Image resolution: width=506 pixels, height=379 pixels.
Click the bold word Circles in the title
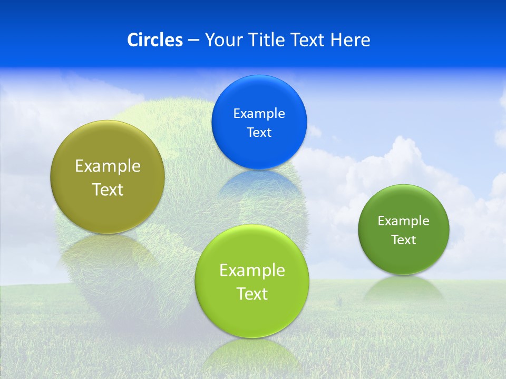tap(154, 40)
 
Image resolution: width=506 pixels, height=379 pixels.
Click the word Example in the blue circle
tap(259, 113)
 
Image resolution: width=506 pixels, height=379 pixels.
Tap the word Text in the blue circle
tap(259, 132)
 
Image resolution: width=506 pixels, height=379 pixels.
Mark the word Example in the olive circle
tap(108, 166)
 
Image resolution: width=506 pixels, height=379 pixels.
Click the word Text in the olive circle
tap(108, 189)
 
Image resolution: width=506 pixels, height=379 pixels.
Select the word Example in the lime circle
tap(252, 270)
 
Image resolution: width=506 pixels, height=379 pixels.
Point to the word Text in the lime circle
tap(252, 294)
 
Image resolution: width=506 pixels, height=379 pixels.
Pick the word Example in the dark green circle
tap(404, 221)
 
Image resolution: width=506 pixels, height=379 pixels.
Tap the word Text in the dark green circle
tap(404, 240)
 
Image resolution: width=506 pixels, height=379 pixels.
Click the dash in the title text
tap(193, 41)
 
